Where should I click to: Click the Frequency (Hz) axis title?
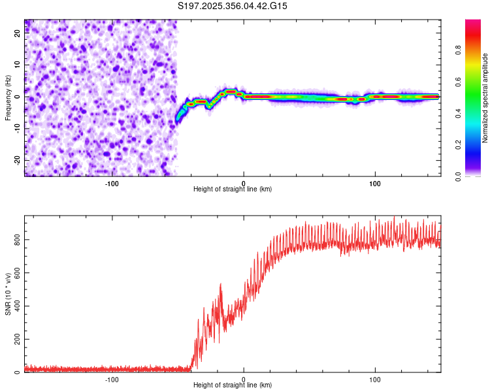(8, 97)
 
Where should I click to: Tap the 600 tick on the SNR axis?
(16, 273)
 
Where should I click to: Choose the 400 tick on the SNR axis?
(16, 306)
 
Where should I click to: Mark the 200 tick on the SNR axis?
(16, 340)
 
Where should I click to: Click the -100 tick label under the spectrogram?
(112, 183)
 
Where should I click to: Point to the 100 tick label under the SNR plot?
(375, 379)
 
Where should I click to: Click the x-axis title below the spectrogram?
(233, 189)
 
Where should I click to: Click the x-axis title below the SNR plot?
(233, 385)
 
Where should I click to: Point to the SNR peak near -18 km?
(221, 284)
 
